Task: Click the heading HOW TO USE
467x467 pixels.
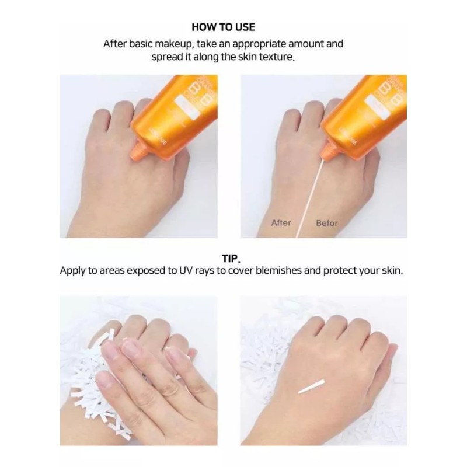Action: [x=223, y=27]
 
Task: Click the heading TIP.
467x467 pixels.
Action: [x=231, y=257]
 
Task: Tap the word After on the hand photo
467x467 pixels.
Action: [x=281, y=223]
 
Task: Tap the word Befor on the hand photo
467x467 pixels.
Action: [x=327, y=223]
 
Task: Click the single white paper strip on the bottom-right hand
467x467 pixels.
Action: [x=312, y=386]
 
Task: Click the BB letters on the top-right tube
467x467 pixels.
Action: [x=389, y=93]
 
